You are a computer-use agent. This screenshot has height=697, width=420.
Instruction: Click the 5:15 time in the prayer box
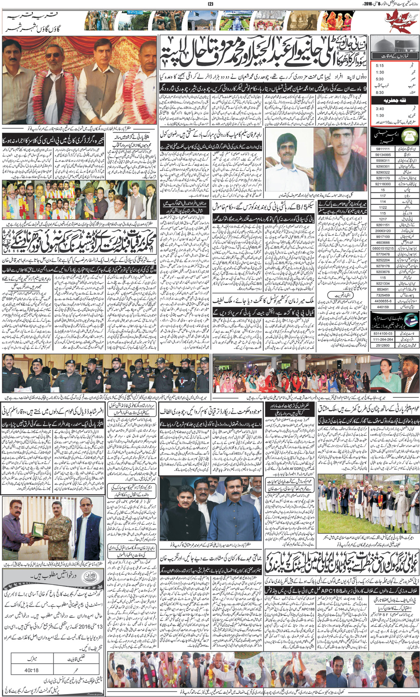tap(379, 66)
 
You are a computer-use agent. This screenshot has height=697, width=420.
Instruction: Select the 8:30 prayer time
tap(379, 92)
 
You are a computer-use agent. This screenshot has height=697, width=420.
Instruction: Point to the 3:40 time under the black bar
tap(379, 109)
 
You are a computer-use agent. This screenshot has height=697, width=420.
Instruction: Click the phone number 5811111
tap(383, 149)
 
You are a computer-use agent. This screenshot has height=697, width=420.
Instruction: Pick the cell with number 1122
tap(383, 207)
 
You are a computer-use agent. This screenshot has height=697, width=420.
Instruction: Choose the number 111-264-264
tap(383, 339)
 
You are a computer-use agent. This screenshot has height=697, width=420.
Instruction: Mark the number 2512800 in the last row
tap(383, 345)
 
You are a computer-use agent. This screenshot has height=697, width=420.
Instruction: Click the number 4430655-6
tap(383, 300)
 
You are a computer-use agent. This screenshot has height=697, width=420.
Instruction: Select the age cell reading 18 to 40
tap(31, 670)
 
